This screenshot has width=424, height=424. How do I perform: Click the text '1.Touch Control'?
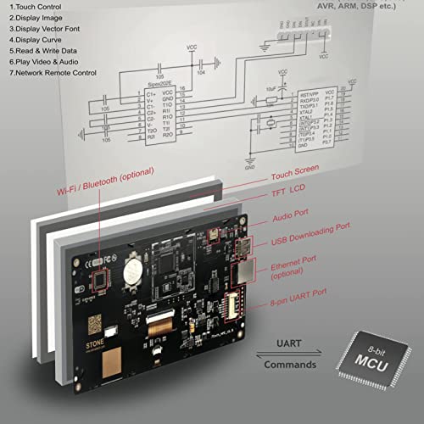click(x=36, y=6)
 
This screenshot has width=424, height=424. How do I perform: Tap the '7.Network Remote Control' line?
click(x=53, y=73)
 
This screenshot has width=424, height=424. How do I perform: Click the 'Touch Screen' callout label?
click(x=295, y=170)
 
